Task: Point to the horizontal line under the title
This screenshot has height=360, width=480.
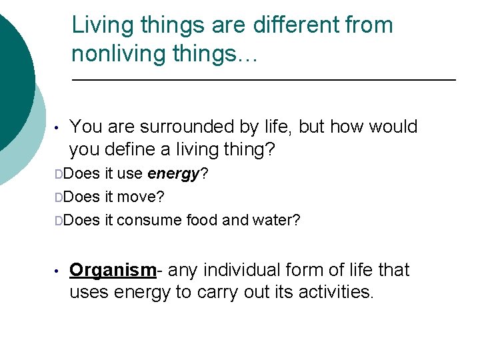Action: click(263, 80)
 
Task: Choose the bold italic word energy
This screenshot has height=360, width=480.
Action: click(173, 175)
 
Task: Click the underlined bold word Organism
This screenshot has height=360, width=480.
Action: click(113, 270)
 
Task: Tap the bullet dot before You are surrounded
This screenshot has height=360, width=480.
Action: click(59, 127)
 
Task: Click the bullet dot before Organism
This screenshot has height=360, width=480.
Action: click(59, 271)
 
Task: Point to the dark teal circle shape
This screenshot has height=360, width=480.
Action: click(13, 73)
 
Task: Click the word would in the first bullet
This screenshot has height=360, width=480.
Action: click(393, 127)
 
